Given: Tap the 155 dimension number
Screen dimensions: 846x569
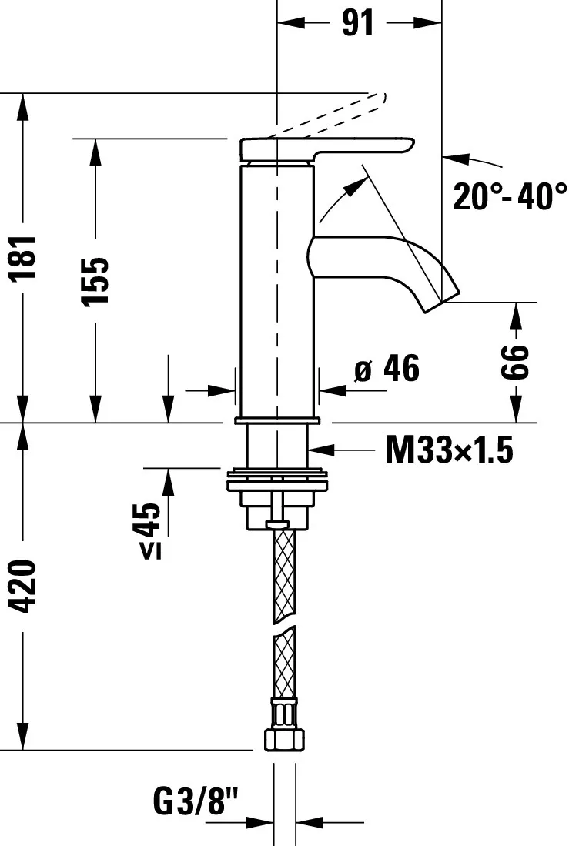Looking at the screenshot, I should point(96,280).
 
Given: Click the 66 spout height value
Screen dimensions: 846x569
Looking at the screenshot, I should point(515,362).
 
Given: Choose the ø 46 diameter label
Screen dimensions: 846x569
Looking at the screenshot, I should point(387,369).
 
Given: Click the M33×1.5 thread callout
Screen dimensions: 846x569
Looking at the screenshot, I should point(448,450).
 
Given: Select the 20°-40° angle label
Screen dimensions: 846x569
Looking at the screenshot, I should point(509,196).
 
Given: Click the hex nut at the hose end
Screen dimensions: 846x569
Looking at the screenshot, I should point(282,740).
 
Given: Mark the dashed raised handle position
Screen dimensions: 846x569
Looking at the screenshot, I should point(331,115).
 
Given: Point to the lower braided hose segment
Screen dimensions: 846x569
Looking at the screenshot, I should point(283,662).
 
